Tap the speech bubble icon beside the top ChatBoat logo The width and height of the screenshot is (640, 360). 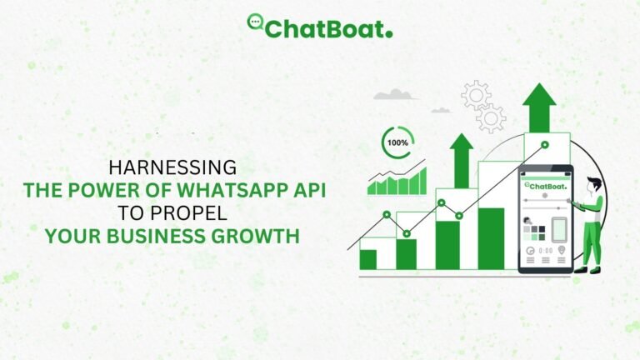[x=256, y=22]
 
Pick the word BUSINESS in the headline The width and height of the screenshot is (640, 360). [x=162, y=237]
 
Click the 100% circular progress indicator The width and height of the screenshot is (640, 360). [x=397, y=142]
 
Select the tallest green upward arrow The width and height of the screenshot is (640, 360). [x=539, y=106]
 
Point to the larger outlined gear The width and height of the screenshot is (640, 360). [x=476, y=94]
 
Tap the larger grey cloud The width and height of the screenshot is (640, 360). [x=395, y=95]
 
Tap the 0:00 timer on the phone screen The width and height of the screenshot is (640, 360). [x=546, y=250]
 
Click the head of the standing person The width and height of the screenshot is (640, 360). [x=592, y=185]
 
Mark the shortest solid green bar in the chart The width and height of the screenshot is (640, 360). [x=367, y=259]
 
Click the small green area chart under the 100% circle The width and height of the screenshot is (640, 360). [x=397, y=181]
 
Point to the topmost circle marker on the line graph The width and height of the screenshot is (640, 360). [x=544, y=144]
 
